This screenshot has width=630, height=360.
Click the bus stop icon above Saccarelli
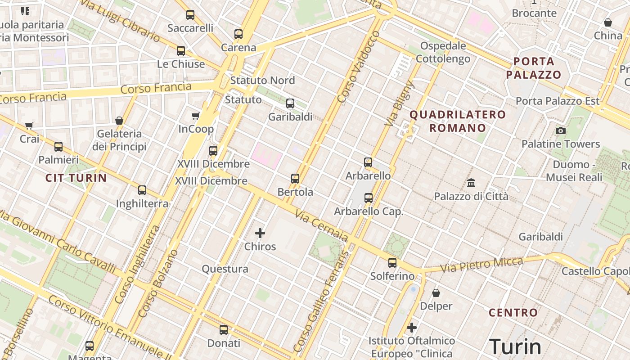click(x=190, y=15)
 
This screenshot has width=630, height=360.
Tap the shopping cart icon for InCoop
click(x=196, y=116)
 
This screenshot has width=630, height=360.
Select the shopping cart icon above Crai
click(x=29, y=126)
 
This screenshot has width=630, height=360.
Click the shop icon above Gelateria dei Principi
click(x=119, y=121)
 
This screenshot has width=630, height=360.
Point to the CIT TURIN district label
click(x=76, y=178)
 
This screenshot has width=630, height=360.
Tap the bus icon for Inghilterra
click(x=142, y=190)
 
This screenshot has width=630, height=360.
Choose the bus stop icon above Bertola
click(x=295, y=179)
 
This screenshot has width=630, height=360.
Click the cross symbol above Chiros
click(x=260, y=233)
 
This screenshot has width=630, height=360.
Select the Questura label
click(x=225, y=269)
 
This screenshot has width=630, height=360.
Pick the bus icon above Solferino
click(x=392, y=263)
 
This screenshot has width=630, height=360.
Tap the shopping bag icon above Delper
click(x=436, y=293)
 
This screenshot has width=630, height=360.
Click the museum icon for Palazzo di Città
click(x=471, y=183)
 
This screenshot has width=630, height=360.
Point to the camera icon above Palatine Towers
click(x=561, y=131)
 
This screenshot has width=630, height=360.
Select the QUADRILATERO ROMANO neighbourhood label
click(x=458, y=121)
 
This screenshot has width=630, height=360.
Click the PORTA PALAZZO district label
click(x=534, y=68)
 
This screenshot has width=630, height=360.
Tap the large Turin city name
click(x=515, y=347)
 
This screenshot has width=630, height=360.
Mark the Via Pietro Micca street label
click(x=481, y=265)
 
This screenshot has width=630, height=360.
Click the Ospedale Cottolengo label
click(x=443, y=52)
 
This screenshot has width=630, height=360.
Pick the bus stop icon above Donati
click(x=224, y=330)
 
